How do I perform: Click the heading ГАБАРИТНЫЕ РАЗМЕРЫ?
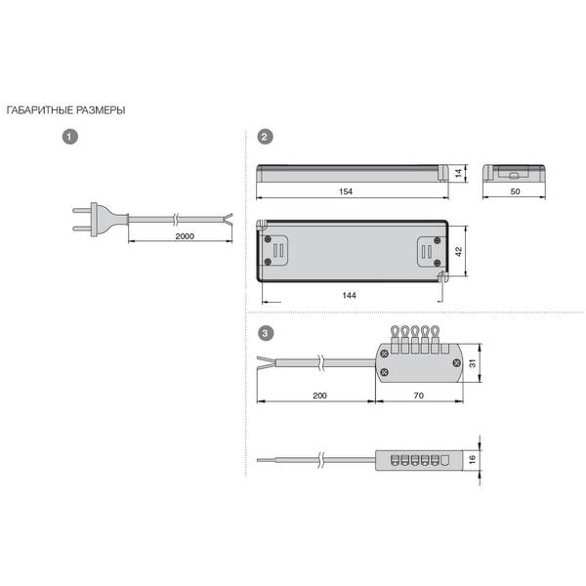click(x=65, y=110)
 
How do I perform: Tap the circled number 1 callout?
click(x=70, y=137)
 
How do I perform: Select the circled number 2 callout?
click(x=265, y=137)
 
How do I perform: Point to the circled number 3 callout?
click(x=266, y=333)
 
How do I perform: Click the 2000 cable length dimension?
click(x=185, y=236)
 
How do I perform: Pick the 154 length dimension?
click(x=346, y=191)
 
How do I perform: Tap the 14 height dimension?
click(x=459, y=173)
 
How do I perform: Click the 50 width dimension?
click(x=515, y=191)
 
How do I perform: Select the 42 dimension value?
click(x=459, y=251)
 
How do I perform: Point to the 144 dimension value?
click(x=349, y=295)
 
